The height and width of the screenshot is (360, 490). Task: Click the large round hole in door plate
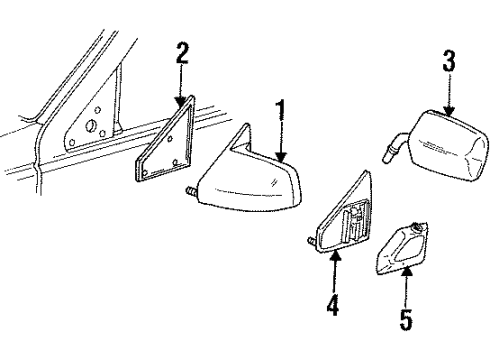point(91,125)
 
